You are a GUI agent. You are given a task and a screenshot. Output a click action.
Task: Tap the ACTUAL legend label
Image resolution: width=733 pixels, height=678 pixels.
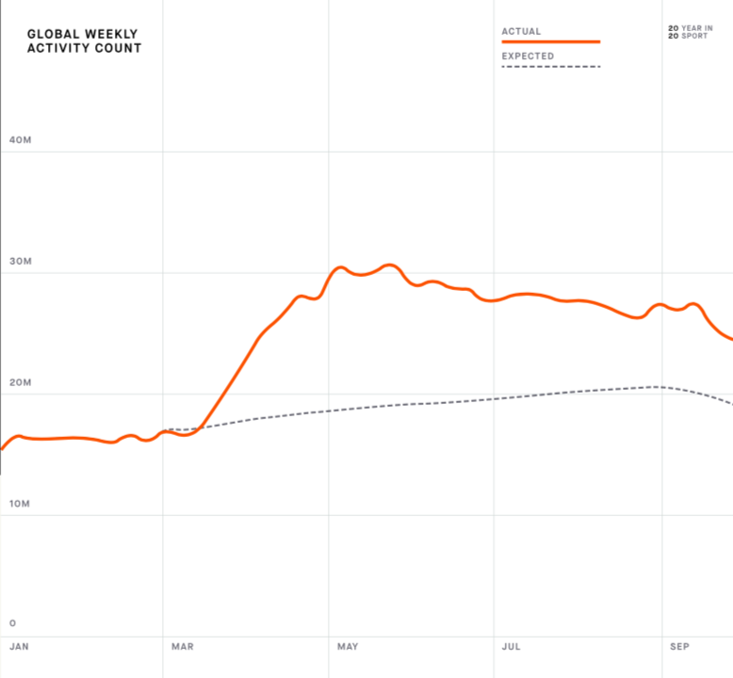coord(521,31)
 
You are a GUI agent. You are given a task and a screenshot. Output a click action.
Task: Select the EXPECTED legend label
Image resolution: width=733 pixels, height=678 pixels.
coord(528,56)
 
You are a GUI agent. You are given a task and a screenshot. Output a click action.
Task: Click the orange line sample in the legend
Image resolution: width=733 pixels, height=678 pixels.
coord(550,42)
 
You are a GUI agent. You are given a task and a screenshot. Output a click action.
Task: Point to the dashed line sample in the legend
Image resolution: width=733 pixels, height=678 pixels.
coord(550,67)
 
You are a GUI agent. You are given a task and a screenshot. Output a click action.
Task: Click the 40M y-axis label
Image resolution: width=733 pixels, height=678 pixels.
coord(21,140)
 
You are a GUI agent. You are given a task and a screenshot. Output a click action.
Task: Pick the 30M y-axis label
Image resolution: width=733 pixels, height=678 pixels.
coord(21,262)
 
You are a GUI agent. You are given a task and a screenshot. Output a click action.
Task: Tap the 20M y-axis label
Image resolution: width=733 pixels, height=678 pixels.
coord(21,383)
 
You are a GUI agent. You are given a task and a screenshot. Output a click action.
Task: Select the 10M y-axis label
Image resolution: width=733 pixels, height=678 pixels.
coord(21,504)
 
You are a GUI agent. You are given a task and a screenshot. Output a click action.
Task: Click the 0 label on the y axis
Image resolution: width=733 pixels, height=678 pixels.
coord(12,622)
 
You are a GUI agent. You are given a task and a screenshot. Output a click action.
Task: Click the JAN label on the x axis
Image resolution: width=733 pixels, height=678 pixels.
coord(19,647)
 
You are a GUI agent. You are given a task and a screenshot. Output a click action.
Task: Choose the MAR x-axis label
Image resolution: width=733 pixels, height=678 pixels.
coord(183,647)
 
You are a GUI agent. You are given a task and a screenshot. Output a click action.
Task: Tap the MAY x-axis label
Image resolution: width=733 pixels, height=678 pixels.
coord(349,647)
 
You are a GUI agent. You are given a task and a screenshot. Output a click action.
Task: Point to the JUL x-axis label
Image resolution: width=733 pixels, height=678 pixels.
coord(512,647)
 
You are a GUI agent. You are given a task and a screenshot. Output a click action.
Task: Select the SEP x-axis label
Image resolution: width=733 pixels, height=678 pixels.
coord(679,647)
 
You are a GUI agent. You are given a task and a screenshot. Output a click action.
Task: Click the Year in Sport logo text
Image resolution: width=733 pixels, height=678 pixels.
coord(690,32)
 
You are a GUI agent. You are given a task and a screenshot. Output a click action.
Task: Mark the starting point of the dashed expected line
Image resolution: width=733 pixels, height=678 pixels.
coord(168,429)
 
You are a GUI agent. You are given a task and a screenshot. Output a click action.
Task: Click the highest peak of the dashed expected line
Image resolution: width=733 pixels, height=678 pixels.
coord(658,386)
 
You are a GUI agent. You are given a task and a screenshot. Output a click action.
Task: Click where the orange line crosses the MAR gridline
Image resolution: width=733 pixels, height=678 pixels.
coord(163,431)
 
